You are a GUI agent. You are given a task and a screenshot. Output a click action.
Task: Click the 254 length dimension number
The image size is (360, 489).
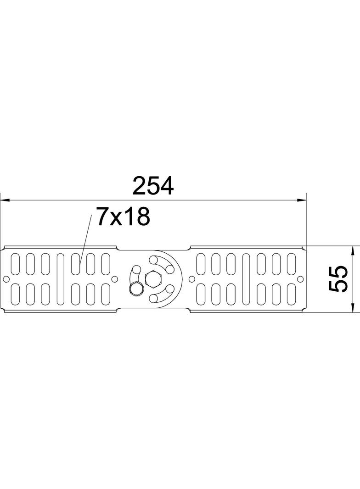click(152, 186)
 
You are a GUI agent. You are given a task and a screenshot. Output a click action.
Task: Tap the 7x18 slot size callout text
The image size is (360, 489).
click(123, 217)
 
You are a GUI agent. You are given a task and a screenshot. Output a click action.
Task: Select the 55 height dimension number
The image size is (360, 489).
click(338, 278)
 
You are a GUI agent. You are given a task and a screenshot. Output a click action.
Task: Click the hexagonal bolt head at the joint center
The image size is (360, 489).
click(152, 278)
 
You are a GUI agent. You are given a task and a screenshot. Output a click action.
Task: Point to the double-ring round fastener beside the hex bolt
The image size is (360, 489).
click(136, 289)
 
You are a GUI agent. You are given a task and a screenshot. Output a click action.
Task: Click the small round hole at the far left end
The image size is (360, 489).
click(6, 279)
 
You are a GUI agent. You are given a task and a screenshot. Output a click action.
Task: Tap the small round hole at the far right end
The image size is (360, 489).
click(300, 279)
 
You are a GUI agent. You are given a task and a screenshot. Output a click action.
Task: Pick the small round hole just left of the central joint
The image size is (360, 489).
click(115, 279)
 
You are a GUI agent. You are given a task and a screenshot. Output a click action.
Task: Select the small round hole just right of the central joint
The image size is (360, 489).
click(192, 279)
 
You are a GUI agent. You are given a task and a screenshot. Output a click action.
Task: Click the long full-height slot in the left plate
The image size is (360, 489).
click(60, 279)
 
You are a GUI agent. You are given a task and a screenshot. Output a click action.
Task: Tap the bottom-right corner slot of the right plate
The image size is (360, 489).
click(291, 294)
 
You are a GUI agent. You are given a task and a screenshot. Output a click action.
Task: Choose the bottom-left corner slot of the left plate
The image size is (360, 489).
click(15, 294)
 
